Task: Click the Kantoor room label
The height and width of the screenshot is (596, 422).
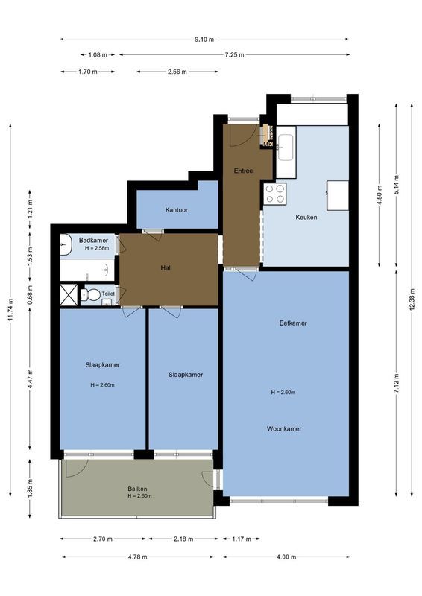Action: tap(177, 210)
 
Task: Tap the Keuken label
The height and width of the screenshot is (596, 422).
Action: tap(306, 217)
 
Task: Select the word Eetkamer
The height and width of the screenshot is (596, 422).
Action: tap(293, 323)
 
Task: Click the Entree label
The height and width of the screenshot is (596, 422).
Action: tap(243, 171)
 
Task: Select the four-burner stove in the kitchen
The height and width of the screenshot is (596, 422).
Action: tap(274, 194)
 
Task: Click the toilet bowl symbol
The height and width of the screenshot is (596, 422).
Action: tap(92, 295)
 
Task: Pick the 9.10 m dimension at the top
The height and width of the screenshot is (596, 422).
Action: tap(204, 39)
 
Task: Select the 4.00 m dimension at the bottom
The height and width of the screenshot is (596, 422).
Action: tap(286, 557)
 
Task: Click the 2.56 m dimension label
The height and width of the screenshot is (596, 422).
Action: tap(177, 72)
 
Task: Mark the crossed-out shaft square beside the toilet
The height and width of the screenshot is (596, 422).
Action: tap(68, 295)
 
